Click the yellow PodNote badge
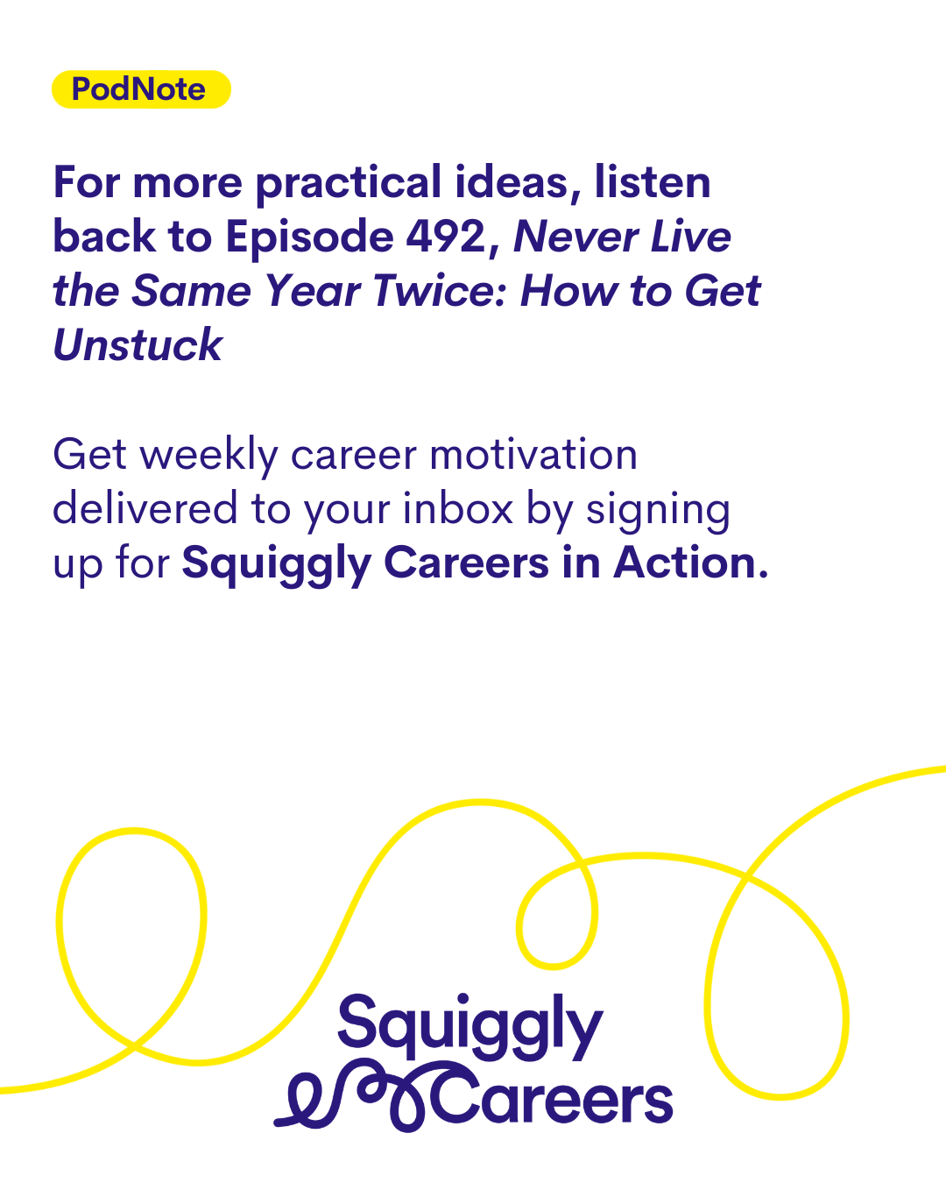click(x=141, y=89)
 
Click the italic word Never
click(x=575, y=237)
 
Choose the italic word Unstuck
click(x=138, y=344)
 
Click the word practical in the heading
click(x=349, y=184)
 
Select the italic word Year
click(x=311, y=291)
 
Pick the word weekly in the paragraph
click(x=208, y=456)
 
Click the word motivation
click(x=533, y=455)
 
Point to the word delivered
click(x=145, y=508)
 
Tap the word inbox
click(x=458, y=508)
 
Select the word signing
click(x=658, y=511)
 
